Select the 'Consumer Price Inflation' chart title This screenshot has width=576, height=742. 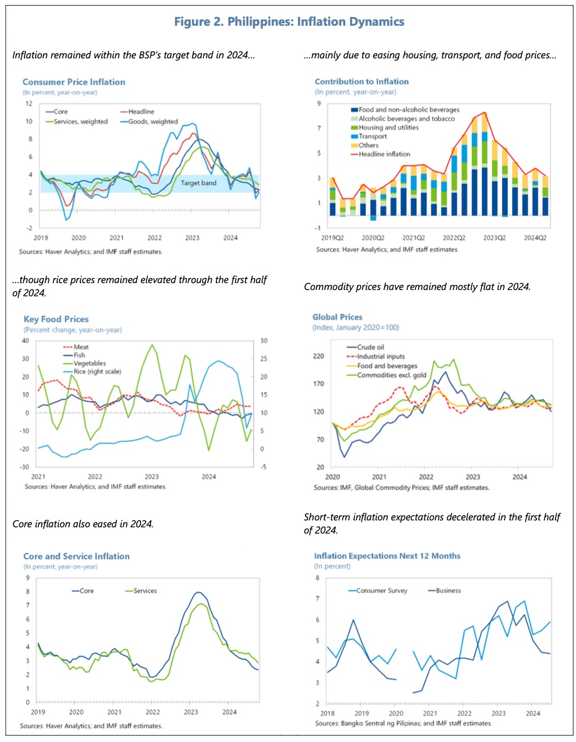pyautogui.click(x=73, y=82)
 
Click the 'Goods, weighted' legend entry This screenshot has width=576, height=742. pyautogui.click(x=154, y=121)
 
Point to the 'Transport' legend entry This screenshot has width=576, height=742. pyautogui.click(x=373, y=136)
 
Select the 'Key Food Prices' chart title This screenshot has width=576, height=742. pyautogui.click(x=56, y=320)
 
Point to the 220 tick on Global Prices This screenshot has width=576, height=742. pyautogui.click(x=319, y=356)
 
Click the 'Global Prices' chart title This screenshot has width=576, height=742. pyautogui.click(x=338, y=317)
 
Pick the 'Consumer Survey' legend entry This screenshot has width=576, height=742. pyautogui.click(x=382, y=590)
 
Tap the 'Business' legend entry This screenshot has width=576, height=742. pyautogui.click(x=449, y=590)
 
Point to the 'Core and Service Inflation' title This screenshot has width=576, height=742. pyautogui.click(x=77, y=556)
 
